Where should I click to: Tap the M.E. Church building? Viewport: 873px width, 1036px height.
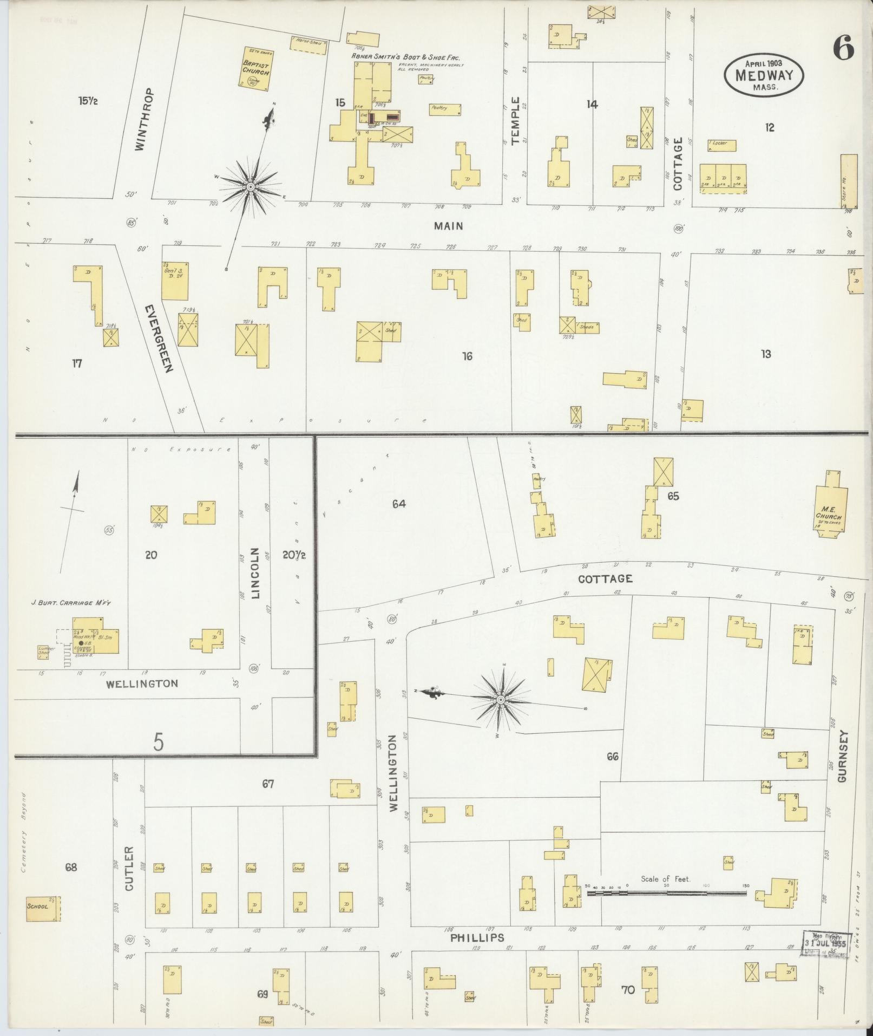831,506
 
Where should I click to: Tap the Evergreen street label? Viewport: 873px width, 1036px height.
159,338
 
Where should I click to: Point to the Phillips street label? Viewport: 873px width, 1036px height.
477,937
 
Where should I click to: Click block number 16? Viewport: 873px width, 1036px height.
467,356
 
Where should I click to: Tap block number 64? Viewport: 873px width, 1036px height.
399,504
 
